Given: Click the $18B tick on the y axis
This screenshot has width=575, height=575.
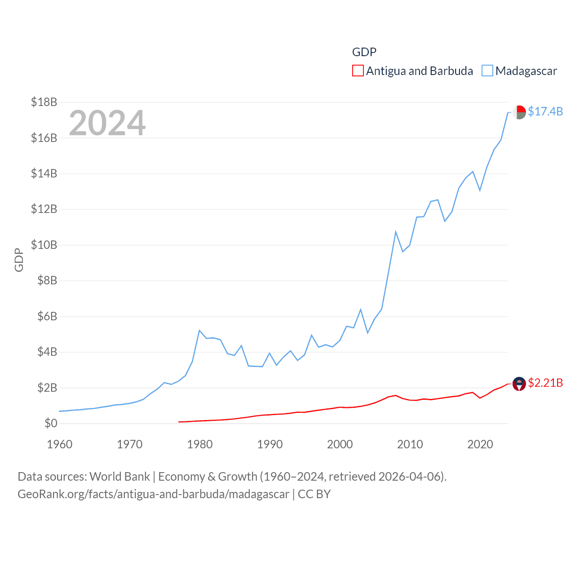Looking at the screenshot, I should [44, 102].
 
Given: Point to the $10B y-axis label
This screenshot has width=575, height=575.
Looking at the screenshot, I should [44, 245].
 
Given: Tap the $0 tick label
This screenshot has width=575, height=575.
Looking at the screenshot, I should [51, 423].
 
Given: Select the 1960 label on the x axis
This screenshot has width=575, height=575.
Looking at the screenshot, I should [60, 444].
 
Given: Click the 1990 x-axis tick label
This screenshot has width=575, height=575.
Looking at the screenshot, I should [270, 444].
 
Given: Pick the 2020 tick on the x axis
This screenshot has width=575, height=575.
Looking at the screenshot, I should [480, 444].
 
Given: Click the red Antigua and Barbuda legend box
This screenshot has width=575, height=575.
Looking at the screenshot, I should [358, 71].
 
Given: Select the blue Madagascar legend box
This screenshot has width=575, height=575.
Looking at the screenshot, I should [487, 71].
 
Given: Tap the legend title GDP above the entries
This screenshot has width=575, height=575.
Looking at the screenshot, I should [364, 52].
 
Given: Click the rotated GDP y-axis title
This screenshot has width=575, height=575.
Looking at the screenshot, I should [19, 260].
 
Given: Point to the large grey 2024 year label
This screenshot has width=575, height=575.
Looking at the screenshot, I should [107, 123].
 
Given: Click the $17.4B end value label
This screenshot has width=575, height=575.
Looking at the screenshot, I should [545, 111].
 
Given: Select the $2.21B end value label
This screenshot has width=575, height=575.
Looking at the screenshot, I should [545, 383].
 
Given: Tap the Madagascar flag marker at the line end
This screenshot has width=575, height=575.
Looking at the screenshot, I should [519, 112].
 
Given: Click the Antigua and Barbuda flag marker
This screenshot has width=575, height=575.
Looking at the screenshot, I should [519, 384].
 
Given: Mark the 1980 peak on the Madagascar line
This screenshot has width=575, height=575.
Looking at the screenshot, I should [199, 331].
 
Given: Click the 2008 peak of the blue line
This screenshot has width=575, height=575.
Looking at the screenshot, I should [396, 232].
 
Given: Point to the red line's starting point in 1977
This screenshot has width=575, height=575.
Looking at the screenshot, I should [179, 422].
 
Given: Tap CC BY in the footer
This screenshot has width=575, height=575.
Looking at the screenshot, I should [314, 494].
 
